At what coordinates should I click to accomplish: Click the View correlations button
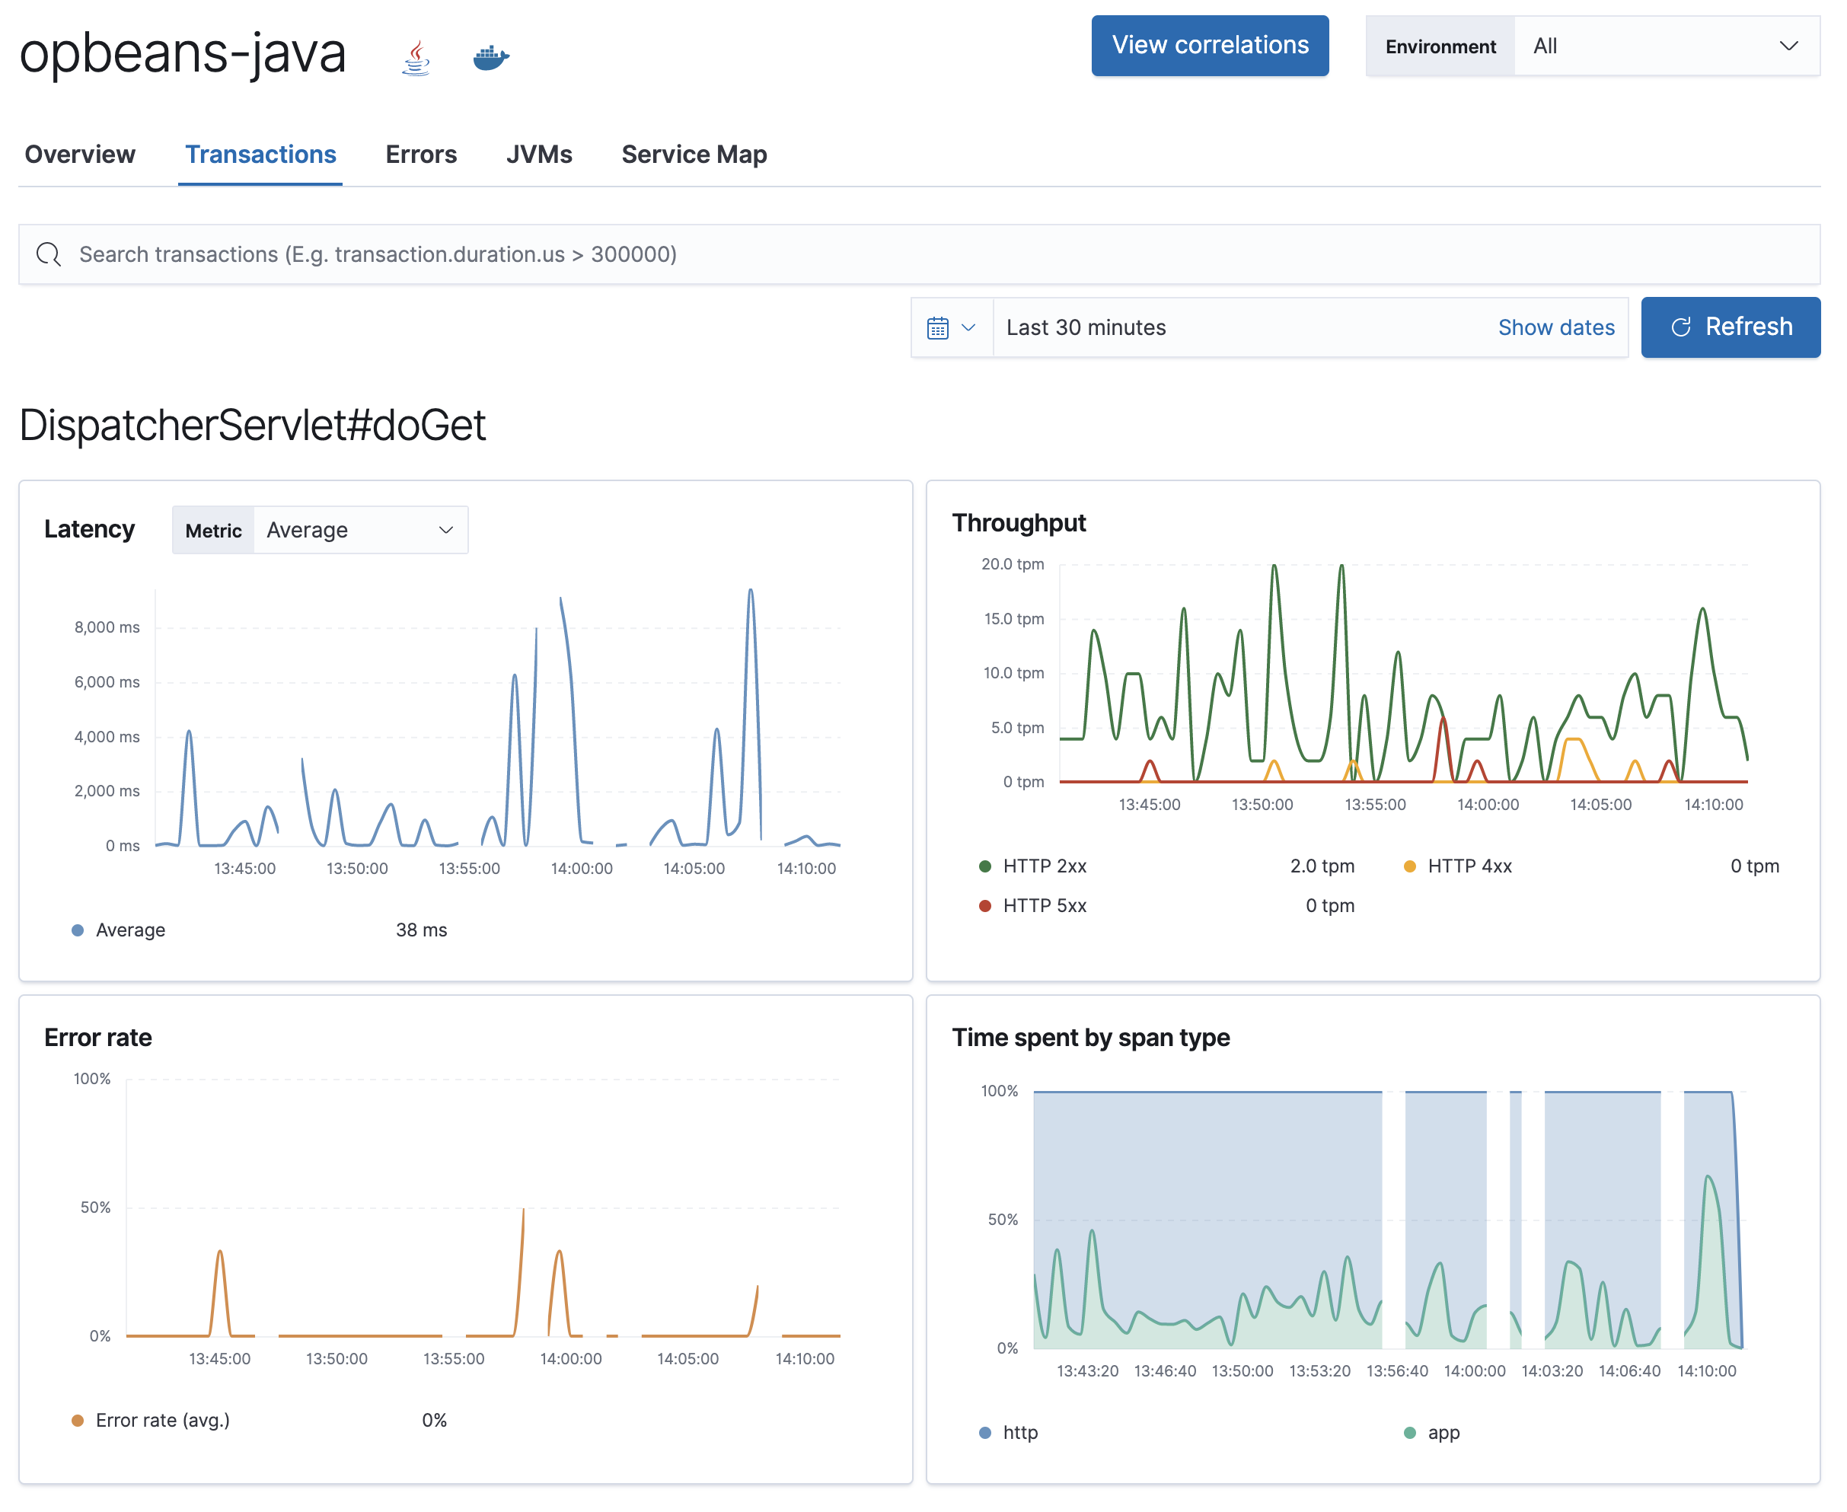[1210, 45]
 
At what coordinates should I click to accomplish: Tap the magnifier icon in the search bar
[49, 254]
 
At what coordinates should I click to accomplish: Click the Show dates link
[1555, 327]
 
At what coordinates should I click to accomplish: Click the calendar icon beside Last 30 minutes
[938, 327]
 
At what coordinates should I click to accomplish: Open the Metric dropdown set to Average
[359, 530]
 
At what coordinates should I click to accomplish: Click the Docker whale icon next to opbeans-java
[490, 59]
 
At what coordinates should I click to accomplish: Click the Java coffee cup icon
[416, 59]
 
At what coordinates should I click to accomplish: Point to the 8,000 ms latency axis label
[107, 627]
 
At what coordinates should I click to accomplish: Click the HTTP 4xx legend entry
[1468, 866]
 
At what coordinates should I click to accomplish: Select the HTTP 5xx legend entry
[1043, 906]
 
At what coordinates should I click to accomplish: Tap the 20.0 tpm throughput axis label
[1012, 564]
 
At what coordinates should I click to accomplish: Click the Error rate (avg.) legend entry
[162, 1420]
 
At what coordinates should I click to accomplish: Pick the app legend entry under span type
[1442, 1433]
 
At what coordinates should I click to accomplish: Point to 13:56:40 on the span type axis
[1396, 1371]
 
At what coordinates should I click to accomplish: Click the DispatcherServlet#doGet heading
[253, 426]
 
